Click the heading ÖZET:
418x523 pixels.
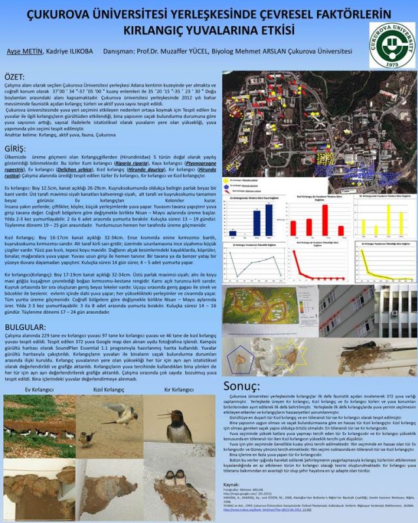(x=18, y=76)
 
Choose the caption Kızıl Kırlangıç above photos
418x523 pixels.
(x=109, y=390)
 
